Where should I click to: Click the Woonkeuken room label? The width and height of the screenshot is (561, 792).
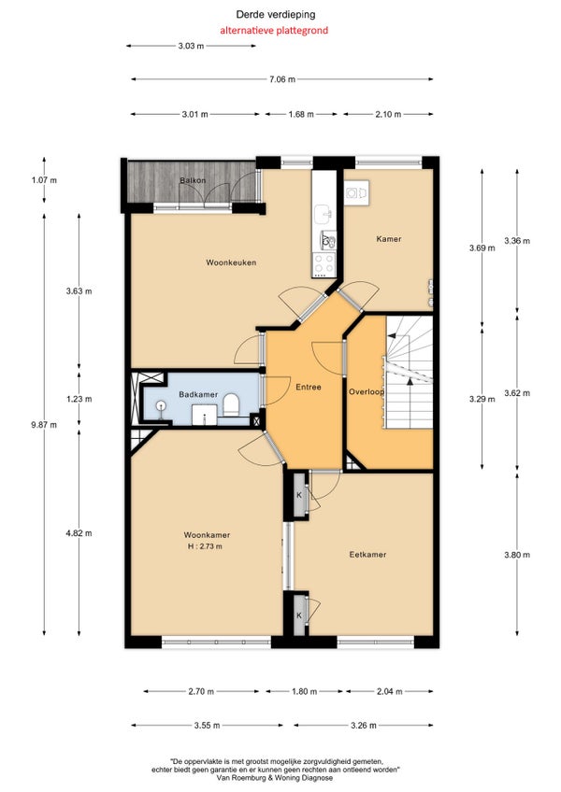(x=231, y=262)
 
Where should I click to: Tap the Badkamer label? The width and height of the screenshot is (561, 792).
(x=198, y=394)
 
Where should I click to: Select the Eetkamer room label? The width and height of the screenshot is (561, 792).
(x=367, y=555)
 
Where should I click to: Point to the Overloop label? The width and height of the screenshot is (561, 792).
(x=367, y=392)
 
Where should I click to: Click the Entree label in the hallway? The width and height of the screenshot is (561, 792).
(x=309, y=388)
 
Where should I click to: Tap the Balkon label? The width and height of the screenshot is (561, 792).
(x=193, y=180)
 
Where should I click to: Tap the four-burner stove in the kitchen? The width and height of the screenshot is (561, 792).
(x=324, y=263)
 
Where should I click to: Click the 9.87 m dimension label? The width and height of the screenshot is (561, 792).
(x=44, y=425)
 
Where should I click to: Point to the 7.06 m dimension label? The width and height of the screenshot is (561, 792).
(x=282, y=79)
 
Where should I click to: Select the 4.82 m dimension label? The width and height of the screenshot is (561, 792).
(x=79, y=533)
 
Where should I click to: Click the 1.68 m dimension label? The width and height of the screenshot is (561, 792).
(x=301, y=114)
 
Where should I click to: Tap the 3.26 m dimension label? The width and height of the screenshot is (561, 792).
(x=363, y=726)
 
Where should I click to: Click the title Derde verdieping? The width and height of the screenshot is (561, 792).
(x=276, y=15)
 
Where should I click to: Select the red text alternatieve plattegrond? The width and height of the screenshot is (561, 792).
(x=274, y=30)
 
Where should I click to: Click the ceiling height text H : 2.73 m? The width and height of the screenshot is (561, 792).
(x=205, y=546)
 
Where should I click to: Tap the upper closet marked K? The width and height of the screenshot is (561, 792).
(x=299, y=495)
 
